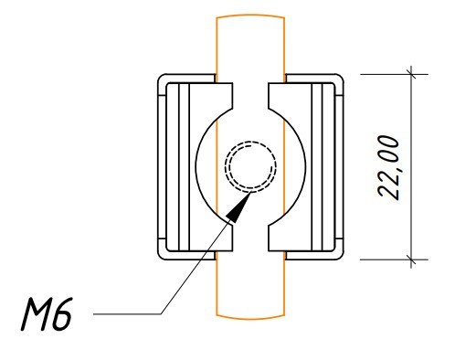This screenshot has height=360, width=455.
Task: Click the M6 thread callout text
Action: click(47, 314)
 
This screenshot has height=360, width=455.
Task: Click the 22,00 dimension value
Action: click(388, 167)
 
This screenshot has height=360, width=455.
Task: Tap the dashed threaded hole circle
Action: click(250, 166)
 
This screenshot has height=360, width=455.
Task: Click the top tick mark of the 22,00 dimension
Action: click(411, 74)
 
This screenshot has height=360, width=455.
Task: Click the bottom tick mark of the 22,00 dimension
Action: click(411, 259)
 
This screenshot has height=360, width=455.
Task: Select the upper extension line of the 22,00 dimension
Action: click(394, 74)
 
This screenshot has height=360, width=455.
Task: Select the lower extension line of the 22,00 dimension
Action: click(394, 259)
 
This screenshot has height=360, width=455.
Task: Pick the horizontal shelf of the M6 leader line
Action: click(127, 313)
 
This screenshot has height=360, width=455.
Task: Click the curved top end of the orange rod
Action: click(250, 15)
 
